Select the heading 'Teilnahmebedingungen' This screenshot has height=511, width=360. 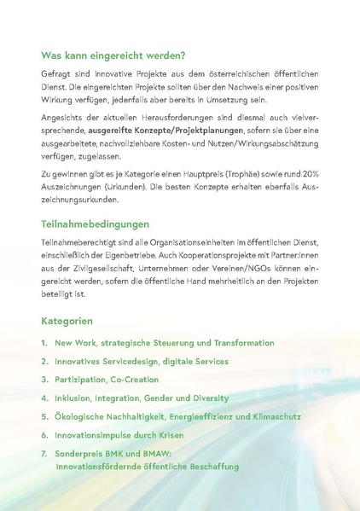95,224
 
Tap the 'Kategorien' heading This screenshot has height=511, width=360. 67,322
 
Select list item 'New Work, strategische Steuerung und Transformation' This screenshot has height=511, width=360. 164,343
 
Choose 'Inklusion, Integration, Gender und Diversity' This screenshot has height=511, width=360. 141,398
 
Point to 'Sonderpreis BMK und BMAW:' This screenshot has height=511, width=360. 105,454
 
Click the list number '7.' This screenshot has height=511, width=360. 44,454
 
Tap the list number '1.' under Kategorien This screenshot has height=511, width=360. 44,343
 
